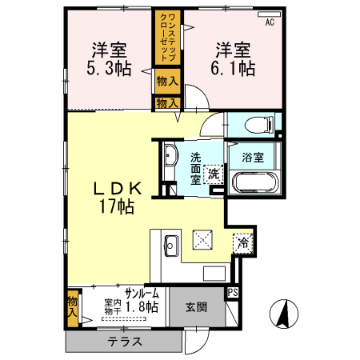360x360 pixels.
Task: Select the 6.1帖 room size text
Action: [234, 69]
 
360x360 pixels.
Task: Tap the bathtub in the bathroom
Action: [255, 182]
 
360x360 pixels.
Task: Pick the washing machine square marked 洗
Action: [214, 173]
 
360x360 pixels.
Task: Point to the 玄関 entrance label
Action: [196, 306]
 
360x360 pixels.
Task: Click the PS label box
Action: [234, 293]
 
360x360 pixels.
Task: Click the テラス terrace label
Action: [126, 342]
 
